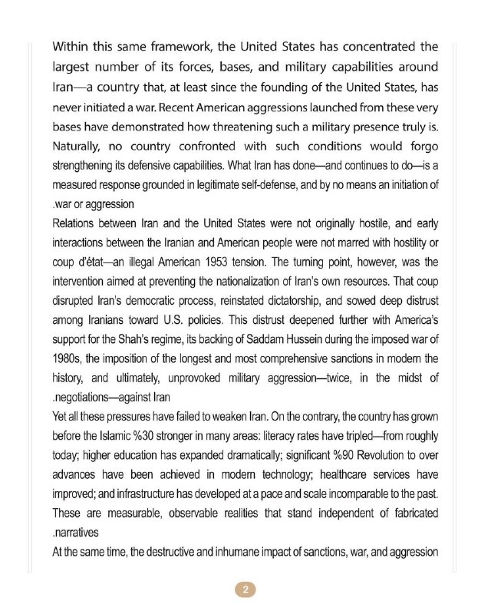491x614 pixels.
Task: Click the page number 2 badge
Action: click(245, 589)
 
